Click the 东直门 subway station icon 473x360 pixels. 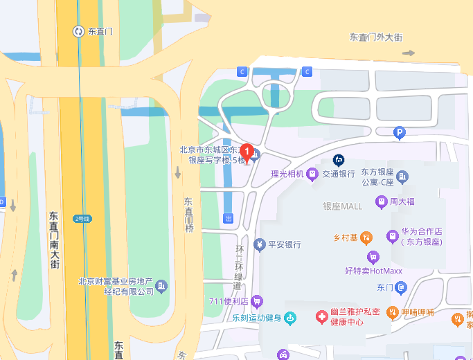pyautogui.click(x=78, y=31)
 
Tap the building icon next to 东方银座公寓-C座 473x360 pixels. pyautogui.click(x=403, y=177)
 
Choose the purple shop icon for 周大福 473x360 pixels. pyautogui.click(x=380, y=202)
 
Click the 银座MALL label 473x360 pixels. pyautogui.click(x=343, y=206)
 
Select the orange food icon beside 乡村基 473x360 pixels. pyautogui.click(x=366, y=238)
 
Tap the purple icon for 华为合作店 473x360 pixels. pyautogui.click(x=393, y=237)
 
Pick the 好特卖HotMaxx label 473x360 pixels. pyautogui.click(x=373, y=270)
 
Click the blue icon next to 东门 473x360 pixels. pyautogui.click(x=402, y=287)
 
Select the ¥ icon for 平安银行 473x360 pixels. pyautogui.click(x=259, y=244)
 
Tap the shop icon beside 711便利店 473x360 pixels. pyautogui.click(x=257, y=301)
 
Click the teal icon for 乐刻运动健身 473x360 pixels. pyautogui.click(x=290, y=318)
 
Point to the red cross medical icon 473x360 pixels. pyautogui.click(x=321, y=317)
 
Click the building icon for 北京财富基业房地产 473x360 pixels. pyautogui.click(x=161, y=286)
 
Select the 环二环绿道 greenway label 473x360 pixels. pyautogui.click(x=240, y=267)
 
